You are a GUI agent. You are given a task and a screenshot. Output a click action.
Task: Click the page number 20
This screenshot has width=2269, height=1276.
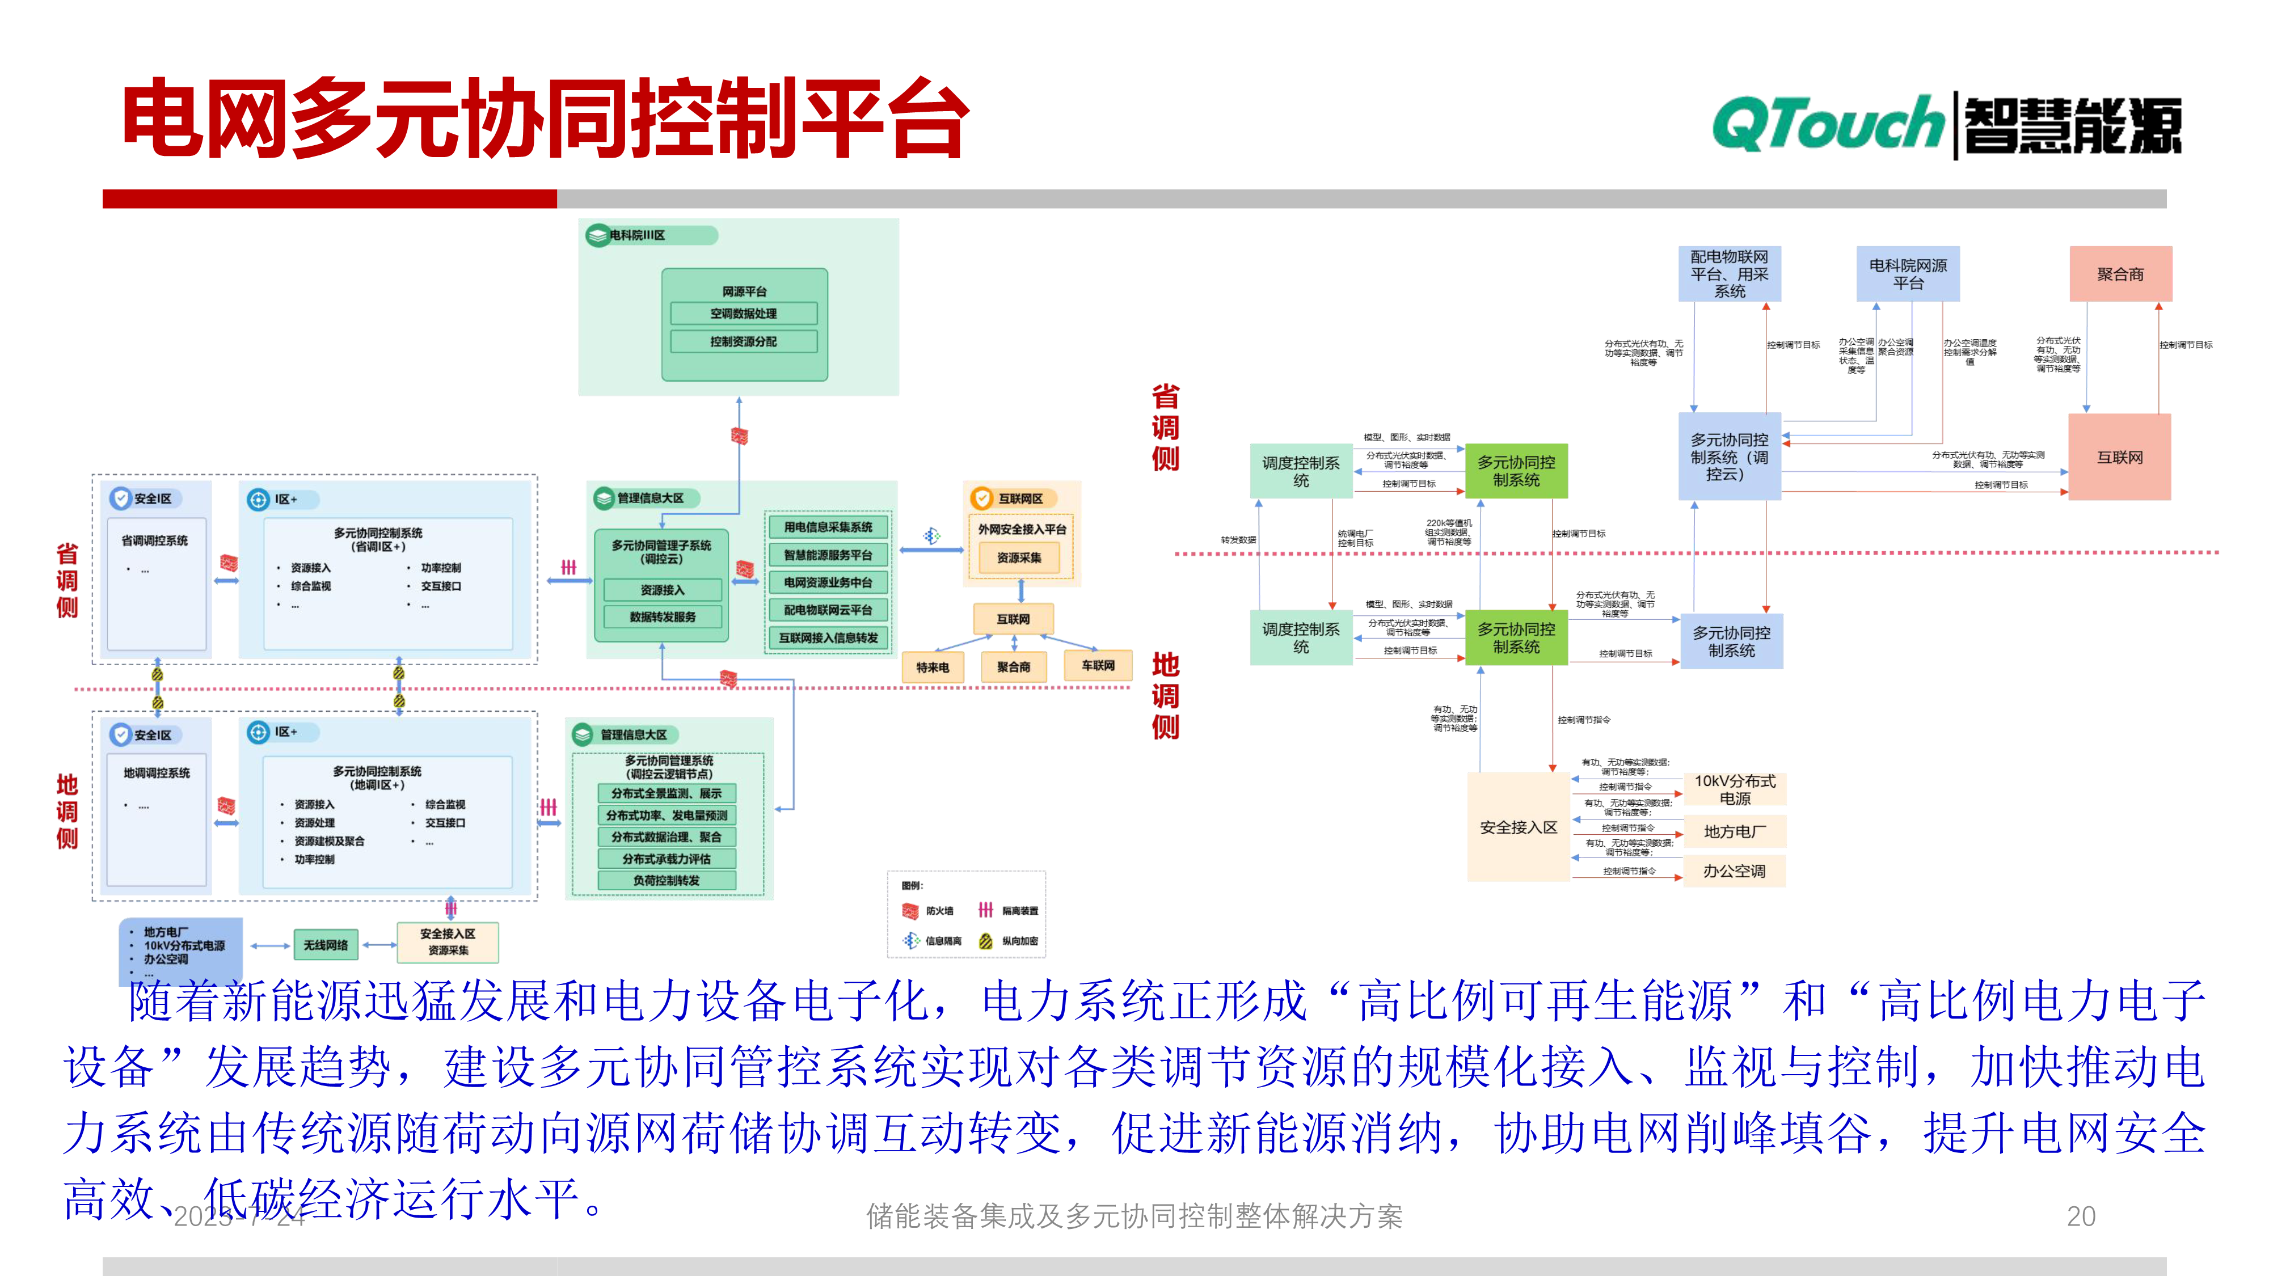click(x=2081, y=1216)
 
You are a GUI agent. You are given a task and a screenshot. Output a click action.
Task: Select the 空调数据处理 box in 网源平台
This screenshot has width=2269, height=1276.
click(x=744, y=314)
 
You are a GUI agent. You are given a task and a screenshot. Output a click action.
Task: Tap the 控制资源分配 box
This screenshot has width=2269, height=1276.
click(x=744, y=341)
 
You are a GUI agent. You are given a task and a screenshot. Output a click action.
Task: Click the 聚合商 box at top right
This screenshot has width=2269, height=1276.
click(x=2120, y=274)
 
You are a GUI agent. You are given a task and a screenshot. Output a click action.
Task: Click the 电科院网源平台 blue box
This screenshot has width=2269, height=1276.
click(x=1908, y=274)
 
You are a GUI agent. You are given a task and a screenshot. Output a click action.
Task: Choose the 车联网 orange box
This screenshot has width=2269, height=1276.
click(x=1098, y=666)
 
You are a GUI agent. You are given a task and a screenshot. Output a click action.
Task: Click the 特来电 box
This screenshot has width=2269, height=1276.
click(x=933, y=667)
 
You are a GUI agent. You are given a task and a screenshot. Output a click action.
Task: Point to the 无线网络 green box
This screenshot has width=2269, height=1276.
click(x=326, y=945)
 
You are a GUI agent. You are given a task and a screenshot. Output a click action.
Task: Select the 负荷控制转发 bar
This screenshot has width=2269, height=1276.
click(x=666, y=881)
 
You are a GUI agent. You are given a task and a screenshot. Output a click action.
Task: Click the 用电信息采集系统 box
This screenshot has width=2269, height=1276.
click(x=828, y=527)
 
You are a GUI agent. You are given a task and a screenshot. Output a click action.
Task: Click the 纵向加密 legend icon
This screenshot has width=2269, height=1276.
click(x=986, y=940)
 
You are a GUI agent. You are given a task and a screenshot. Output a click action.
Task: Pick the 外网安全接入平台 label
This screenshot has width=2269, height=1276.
click(x=1022, y=529)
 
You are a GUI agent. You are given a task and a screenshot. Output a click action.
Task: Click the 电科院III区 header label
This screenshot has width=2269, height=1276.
click(x=638, y=235)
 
